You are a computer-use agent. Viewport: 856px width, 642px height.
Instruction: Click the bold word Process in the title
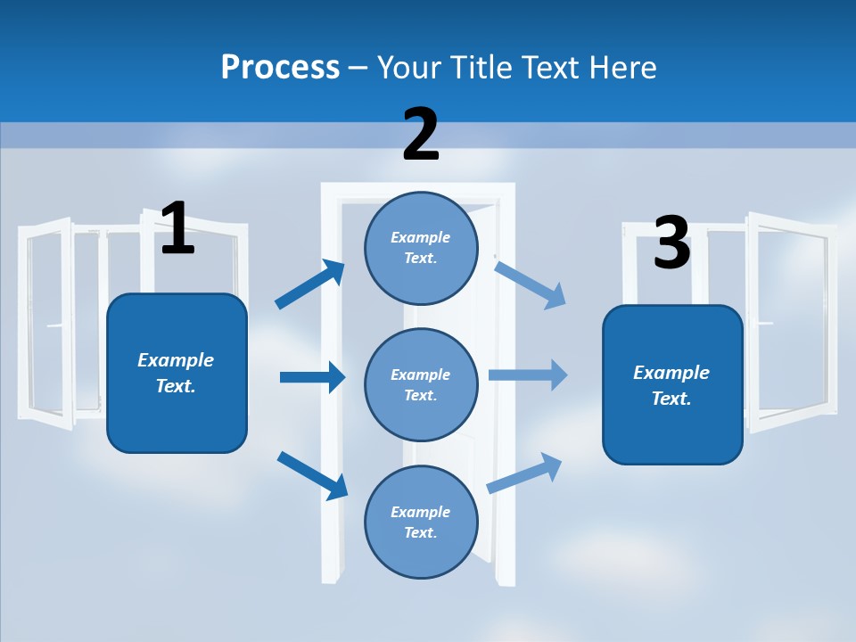[280, 67]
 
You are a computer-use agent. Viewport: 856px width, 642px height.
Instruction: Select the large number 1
[177, 228]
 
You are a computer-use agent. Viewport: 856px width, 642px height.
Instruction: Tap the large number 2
[421, 135]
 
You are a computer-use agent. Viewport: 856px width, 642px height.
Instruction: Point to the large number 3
[671, 243]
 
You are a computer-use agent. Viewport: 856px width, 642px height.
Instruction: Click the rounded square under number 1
[177, 373]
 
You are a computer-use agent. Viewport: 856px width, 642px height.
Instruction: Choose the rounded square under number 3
[672, 385]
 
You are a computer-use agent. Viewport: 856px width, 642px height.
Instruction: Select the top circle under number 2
[421, 248]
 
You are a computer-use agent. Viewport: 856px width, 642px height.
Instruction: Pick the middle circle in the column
[421, 384]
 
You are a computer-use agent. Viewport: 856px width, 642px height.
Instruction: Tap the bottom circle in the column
[421, 522]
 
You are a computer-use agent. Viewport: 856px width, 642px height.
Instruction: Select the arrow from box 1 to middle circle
[312, 377]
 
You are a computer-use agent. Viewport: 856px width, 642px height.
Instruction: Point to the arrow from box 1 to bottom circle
[312, 474]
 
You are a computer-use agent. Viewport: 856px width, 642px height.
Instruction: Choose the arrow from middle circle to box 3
[528, 374]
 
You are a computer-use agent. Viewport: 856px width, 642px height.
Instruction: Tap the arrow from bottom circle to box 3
[524, 473]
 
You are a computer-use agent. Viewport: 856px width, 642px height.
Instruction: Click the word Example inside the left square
[176, 360]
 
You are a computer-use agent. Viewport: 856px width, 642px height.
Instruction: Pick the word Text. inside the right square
[671, 399]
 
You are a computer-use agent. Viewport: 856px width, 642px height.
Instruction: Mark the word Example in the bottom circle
[421, 512]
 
